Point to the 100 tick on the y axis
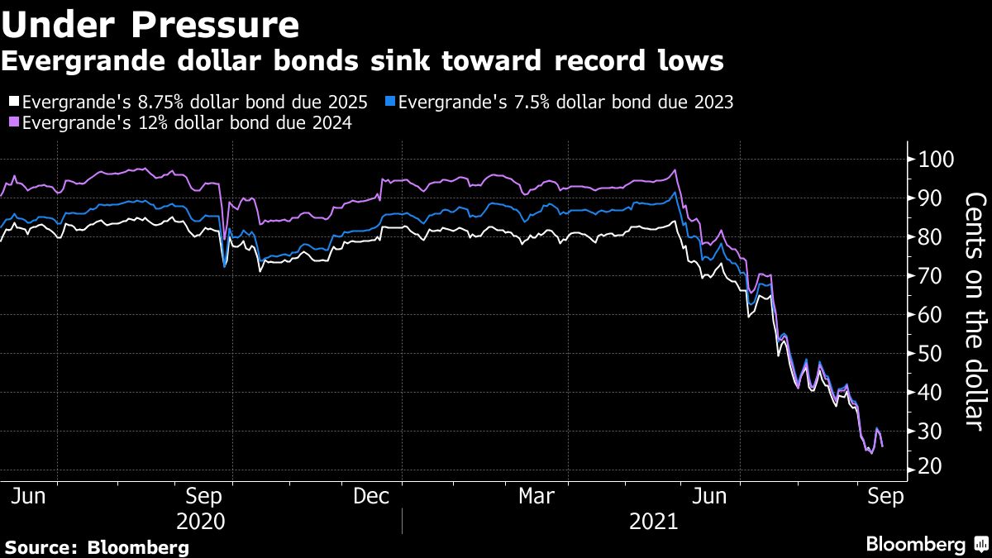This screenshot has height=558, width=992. tap(936, 160)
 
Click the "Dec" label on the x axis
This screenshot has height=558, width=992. tap(372, 496)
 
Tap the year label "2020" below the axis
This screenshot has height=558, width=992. tap(202, 522)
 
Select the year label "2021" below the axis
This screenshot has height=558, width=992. tap(653, 522)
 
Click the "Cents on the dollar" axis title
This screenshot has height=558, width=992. tap(975, 310)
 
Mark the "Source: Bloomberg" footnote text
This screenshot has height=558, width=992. tap(97, 547)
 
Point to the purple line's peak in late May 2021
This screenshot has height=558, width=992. tap(675, 170)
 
